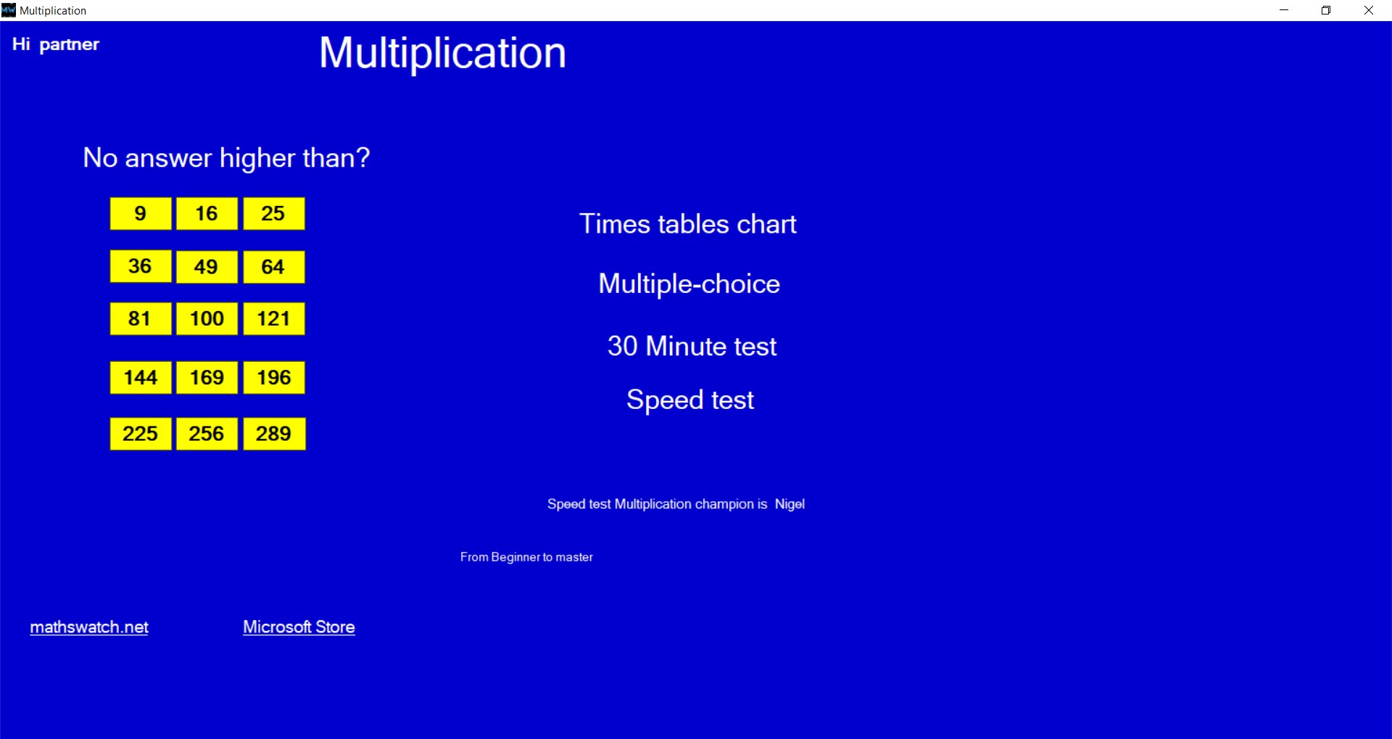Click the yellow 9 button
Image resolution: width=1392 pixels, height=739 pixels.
[141, 213]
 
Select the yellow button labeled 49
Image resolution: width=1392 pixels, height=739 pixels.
[207, 267]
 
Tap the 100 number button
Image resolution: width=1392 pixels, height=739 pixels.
[207, 318]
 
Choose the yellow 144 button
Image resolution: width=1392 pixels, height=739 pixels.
[141, 377]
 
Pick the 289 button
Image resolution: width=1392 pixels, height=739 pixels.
[274, 434]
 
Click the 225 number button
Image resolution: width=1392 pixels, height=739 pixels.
[141, 434]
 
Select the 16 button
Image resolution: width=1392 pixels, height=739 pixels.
[207, 213]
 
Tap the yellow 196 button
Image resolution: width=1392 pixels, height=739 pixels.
[274, 377]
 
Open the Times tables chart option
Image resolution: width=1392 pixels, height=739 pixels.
[688, 224]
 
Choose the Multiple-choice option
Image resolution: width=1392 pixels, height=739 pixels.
[689, 284]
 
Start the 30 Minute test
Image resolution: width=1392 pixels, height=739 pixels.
[692, 346]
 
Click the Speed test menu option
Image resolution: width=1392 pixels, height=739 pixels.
[690, 400]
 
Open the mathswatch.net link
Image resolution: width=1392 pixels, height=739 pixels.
[89, 627]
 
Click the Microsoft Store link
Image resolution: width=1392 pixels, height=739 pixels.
[299, 627]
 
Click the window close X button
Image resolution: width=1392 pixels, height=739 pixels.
[1369, 10]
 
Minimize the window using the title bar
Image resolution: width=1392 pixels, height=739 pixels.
[1284, 10]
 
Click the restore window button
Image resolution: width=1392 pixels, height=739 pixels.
[1326, 10]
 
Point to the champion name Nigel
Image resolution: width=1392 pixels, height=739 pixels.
[790, 504]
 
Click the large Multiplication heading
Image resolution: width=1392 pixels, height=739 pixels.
[442, 53]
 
